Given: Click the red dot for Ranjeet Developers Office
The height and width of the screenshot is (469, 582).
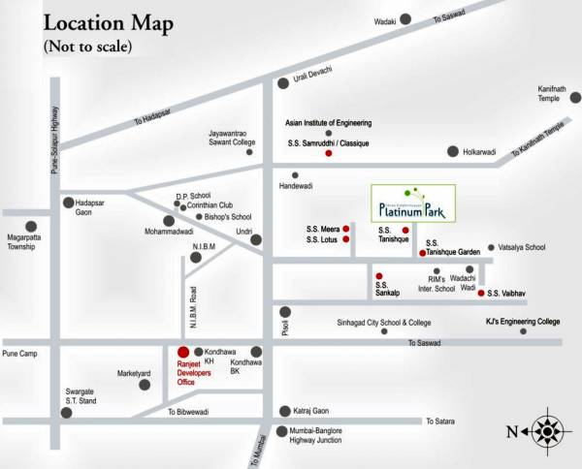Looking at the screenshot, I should (182, 352).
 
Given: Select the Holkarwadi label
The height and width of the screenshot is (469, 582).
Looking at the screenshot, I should (478, 152).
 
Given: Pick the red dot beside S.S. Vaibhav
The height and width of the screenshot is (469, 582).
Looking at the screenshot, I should (481, 293).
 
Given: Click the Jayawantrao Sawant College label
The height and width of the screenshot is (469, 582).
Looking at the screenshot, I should (232, 138).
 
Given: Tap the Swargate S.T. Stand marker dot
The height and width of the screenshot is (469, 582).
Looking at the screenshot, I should (67, 412).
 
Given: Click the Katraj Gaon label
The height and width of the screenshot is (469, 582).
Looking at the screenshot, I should (310, 411).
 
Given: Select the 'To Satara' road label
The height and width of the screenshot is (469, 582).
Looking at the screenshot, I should (442, 421).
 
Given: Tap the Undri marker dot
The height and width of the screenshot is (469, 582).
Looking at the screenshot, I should (256, 239).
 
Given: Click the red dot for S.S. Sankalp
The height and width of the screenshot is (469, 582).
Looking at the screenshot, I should (379, 275).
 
